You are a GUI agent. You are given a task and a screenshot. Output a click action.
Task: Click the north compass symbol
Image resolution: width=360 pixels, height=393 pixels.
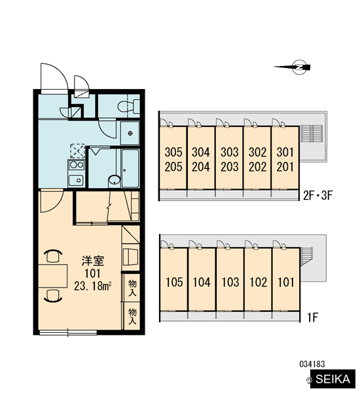[300, 67]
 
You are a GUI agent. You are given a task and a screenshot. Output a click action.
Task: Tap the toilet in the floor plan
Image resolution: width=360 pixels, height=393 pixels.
[129, 106]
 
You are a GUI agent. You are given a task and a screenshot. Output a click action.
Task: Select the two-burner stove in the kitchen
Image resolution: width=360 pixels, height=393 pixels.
[76, 165]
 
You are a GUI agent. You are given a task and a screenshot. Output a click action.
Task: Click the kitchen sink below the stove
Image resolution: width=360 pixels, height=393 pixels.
[76, 180]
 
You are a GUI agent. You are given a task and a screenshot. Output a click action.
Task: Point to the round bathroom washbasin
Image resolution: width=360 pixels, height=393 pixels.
[115, 180]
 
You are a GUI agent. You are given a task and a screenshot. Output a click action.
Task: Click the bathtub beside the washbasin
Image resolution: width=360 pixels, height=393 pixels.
[130, 168]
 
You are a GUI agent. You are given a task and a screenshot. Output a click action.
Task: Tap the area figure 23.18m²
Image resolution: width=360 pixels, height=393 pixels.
[93, 286]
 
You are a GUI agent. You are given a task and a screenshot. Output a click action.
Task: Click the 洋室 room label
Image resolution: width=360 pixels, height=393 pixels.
[93, 261]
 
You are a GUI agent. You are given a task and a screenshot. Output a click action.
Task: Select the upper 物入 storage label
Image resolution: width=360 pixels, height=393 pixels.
[132, 288]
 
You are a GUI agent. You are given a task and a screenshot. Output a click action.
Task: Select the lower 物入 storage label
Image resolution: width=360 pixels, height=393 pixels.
[132, 316]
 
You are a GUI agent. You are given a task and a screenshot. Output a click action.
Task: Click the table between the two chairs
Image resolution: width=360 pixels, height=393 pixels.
[52, 276]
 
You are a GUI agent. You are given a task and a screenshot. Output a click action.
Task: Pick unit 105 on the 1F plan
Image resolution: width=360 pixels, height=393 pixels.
[174, 282]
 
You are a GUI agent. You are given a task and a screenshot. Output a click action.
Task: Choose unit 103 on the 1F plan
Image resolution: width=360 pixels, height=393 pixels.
[230, 282]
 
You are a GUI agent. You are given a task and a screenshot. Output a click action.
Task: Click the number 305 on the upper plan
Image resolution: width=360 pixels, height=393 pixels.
[173, 152]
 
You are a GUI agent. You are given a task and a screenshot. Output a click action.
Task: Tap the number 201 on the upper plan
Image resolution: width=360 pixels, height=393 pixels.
[285, 167]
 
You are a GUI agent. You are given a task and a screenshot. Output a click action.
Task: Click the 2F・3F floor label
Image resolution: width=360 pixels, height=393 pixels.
[317, 195]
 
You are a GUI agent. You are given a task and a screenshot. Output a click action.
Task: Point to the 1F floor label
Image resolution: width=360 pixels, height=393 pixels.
[313, 318]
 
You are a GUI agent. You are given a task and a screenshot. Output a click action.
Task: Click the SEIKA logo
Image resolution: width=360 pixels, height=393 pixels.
[333, 379]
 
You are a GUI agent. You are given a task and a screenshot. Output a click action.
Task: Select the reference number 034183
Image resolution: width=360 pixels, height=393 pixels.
[312, 364]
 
